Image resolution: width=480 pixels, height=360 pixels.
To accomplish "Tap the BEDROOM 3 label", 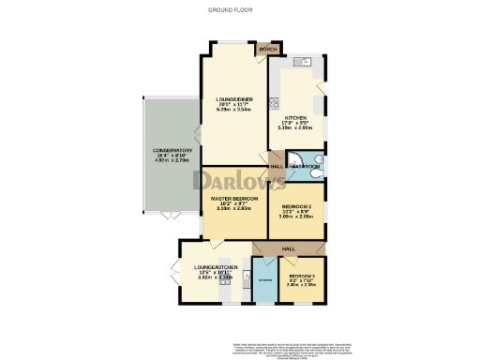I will pyautogui.click(x=302, y=275).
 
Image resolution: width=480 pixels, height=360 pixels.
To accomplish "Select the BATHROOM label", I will pyautogui.click(x=306, y=166).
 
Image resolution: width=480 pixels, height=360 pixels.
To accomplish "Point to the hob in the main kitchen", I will pyautogui.click(x=273, y=104).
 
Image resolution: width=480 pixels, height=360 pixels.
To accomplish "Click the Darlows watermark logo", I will pyautogui.click(x=239, y=179).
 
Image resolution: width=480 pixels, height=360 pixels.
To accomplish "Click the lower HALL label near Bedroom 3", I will pyautogui.click(x=289, y=248).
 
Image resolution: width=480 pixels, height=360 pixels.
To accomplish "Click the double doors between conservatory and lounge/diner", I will pyautogui.click(x=195, y=139).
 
